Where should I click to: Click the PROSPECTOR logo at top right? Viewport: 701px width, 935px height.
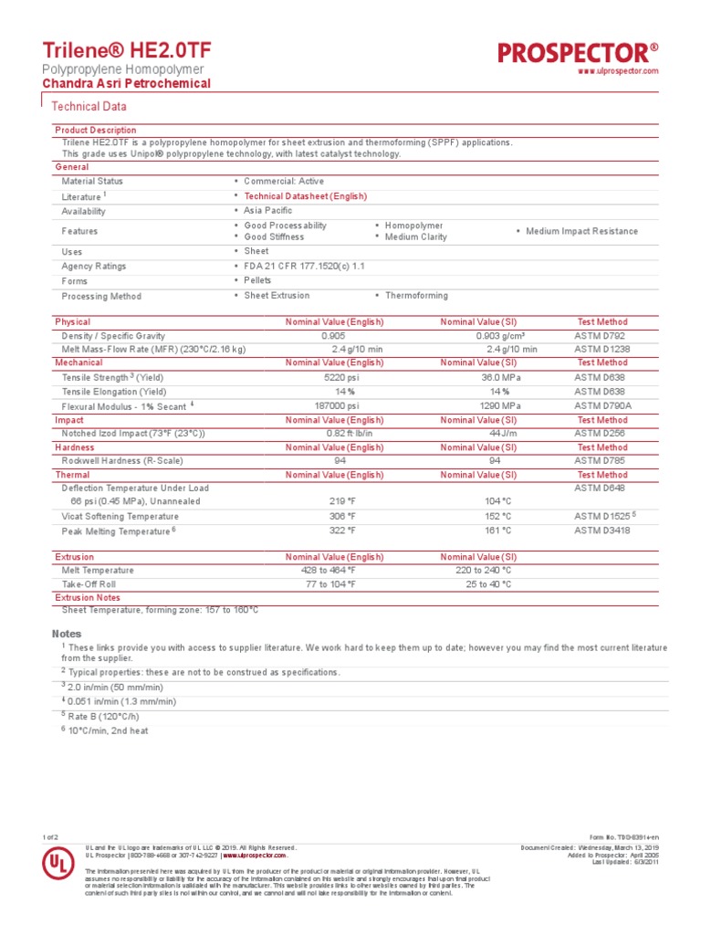[578, 53]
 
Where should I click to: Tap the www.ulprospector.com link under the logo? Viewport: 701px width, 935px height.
[619, 71]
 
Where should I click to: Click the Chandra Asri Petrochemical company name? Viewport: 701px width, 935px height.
[127, 84]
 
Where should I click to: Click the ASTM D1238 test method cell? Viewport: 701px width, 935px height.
[602, 349]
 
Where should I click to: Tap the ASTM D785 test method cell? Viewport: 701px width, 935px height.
[601, 461]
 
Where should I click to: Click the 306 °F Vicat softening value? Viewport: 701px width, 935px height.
[342, 516]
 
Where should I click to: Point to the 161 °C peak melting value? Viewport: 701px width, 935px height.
[498, 530]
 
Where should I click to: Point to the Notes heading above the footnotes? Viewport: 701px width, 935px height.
[67, 634]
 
